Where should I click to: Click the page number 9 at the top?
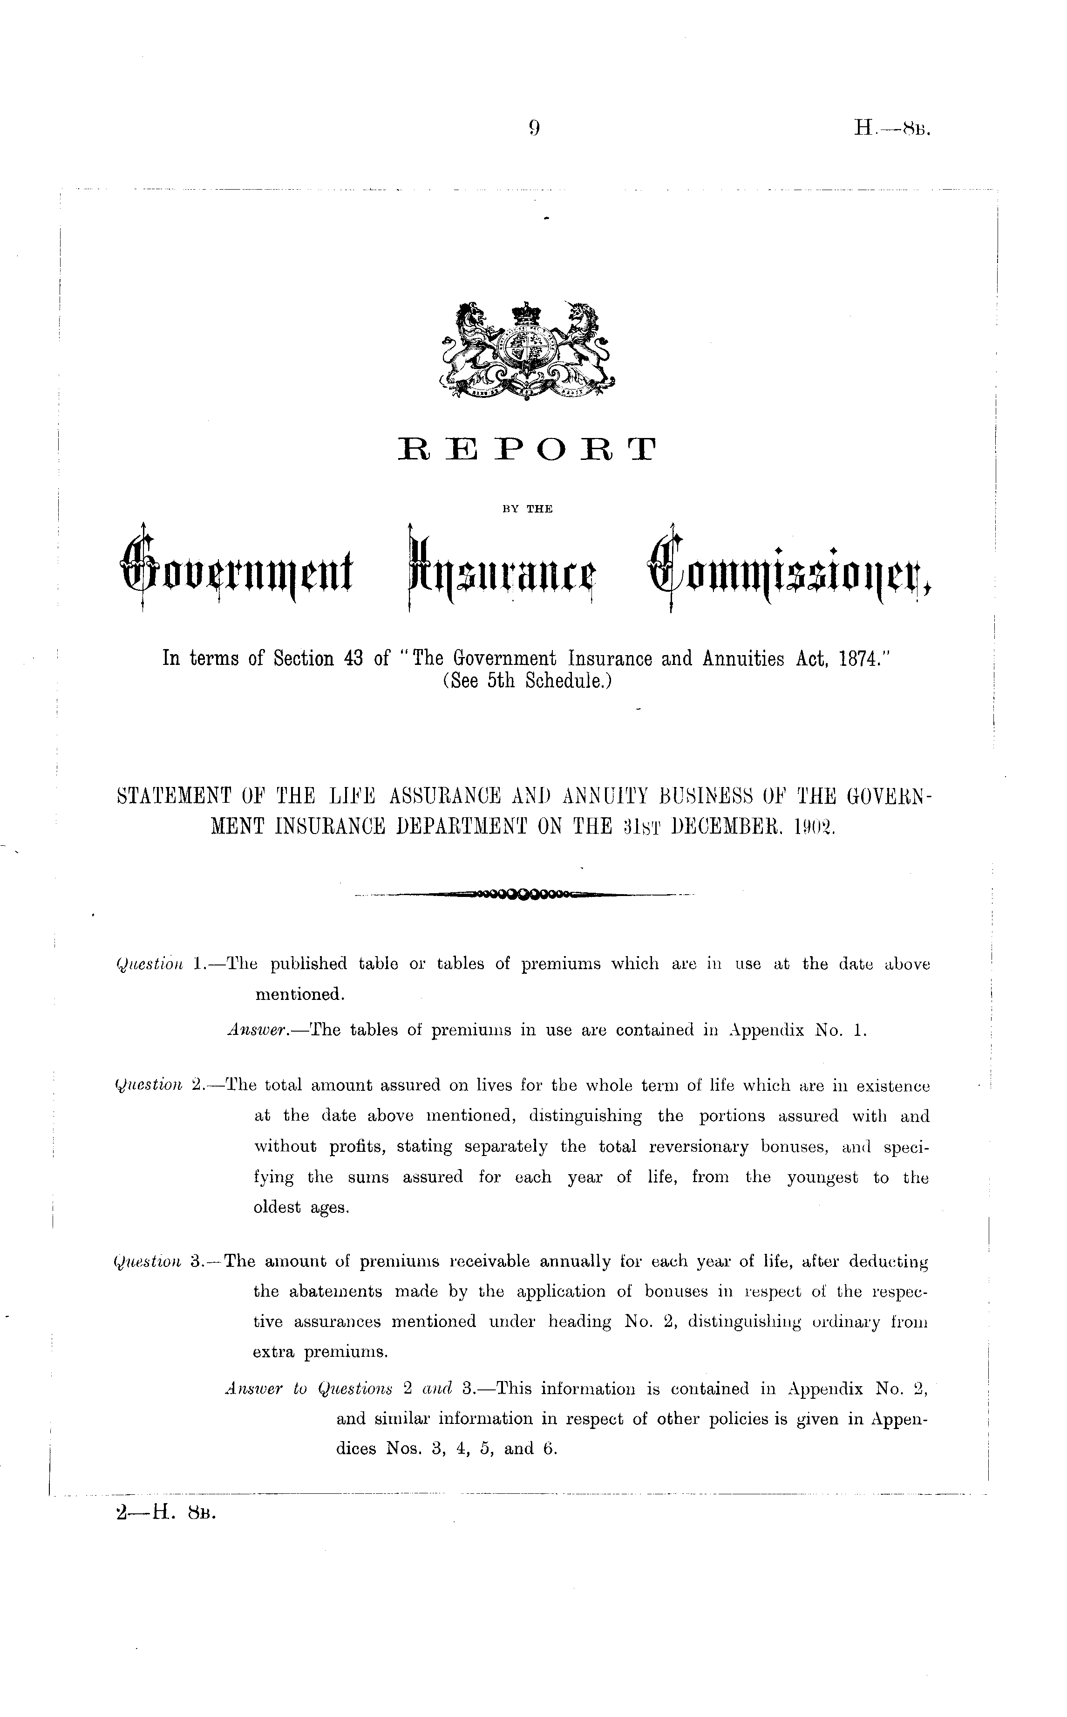(x=534, y=128)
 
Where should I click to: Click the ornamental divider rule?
(x=526, y=895)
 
